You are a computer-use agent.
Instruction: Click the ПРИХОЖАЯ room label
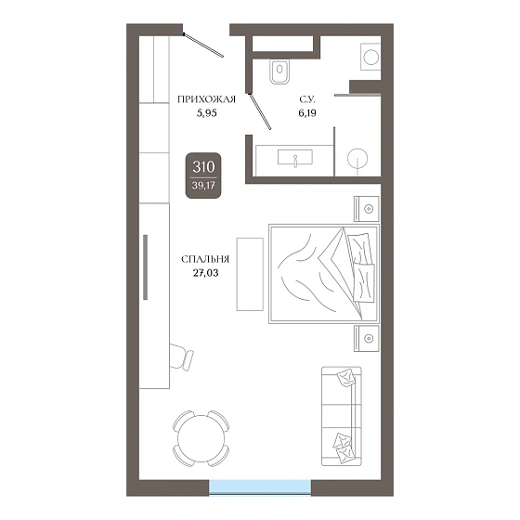pyautogui.click(x=206, y=99)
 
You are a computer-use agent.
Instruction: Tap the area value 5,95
pyautogui.click(x=206, y=113)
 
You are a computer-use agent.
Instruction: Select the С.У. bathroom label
pyautogui.click(x=307, y=99)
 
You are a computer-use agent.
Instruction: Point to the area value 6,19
pyautogui.click(x=307, y=113)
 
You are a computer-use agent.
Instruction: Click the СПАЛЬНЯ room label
pyautogui.click(x=205, y=259)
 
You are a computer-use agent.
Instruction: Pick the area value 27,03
pyautogui.click(x=205, y=273)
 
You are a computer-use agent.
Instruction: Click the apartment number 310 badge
pyautogui.click(x=203, y=175)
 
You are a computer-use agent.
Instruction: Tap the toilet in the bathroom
pyautogui.click(x=279, y=71)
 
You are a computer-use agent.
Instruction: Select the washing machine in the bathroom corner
pyautogui.click(x=370, y=57)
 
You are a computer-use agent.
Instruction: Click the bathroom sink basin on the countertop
pyautogui.click(x=295, y=157)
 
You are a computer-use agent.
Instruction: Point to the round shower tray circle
pyautogui.click(x=357, y=158)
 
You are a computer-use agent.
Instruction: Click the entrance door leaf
pyautogui.click(x=203, y=45)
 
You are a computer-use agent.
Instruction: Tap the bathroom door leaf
pyautogui.click(x=260, y=111)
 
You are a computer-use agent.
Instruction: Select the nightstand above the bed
pyautogui.click(x=367, y=209)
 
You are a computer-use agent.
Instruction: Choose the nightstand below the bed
pyautogui.click(x=367, y=338)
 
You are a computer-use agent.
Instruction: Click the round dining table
pyautogui.click(x=201, y=438)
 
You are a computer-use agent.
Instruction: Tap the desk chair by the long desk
pyautogui.click(x=181, y=357)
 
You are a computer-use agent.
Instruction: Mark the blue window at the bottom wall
pyautogui.click(x=260, y=487)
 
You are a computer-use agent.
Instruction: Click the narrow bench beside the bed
pyautogui.click(x=250, y=274)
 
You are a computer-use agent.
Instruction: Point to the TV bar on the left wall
pyautogui.click(x=145, y=267)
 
